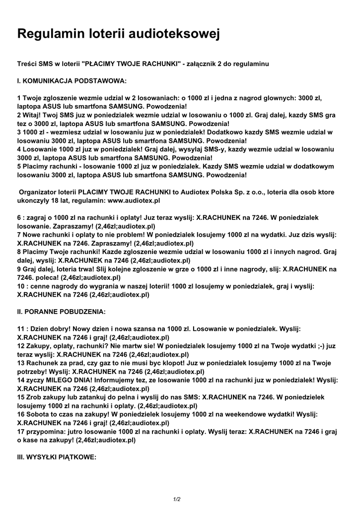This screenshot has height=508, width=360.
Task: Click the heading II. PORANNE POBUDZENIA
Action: tap(61, 312)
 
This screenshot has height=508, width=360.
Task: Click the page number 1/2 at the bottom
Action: tap(177, 499)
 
